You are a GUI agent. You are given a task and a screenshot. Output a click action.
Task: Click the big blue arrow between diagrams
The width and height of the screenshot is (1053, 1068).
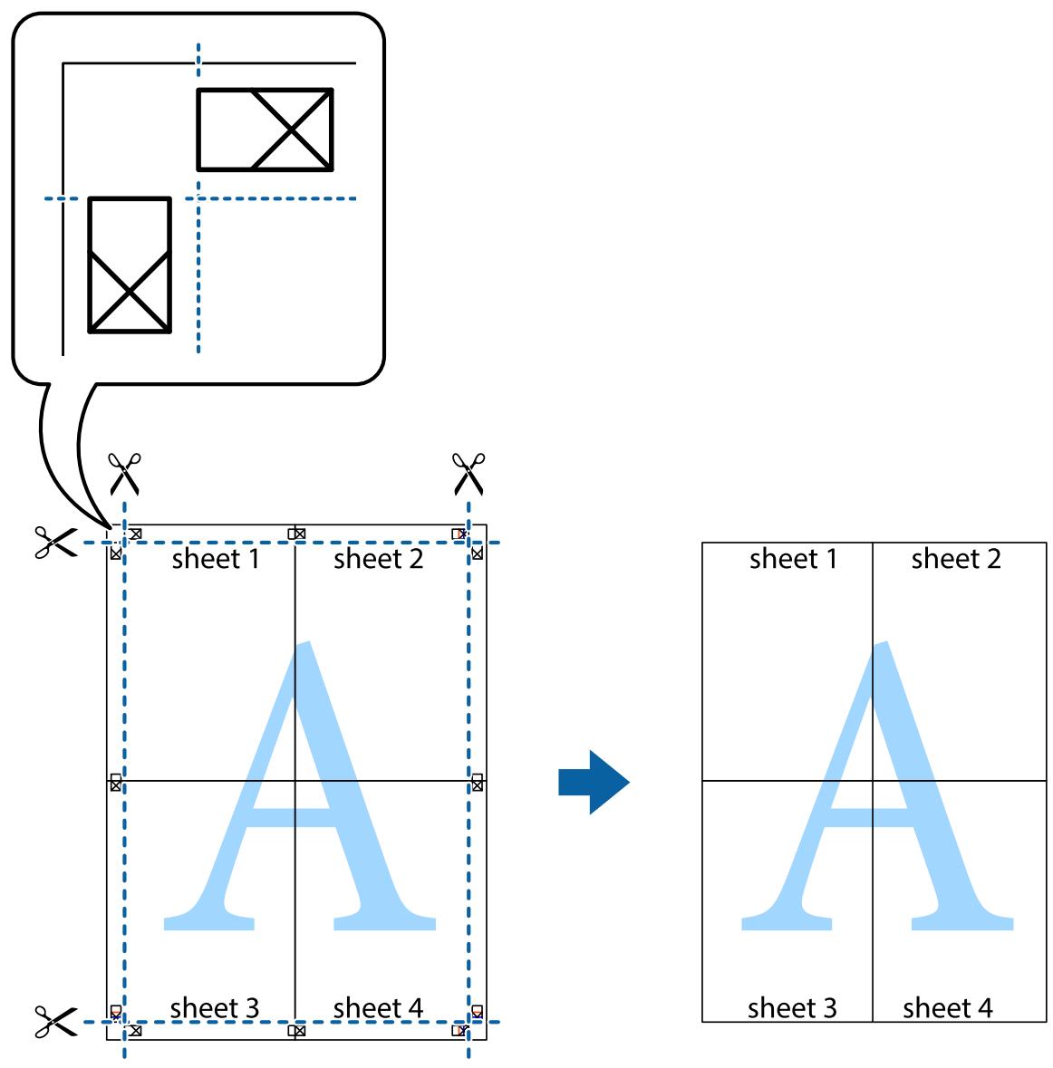pos(593,782)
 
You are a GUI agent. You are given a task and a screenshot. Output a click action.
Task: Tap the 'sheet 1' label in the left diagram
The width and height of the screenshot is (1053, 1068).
pos(216,559)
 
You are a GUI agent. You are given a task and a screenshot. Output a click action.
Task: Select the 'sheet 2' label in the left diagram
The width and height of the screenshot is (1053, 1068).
pos(378,559)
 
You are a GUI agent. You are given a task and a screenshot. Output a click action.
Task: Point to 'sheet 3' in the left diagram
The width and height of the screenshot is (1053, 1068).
pos(215,1008)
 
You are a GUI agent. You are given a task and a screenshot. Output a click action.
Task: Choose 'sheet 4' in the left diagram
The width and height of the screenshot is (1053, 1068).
pos(378,1008)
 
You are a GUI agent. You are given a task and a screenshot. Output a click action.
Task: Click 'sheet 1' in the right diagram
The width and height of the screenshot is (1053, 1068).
pos(793,559)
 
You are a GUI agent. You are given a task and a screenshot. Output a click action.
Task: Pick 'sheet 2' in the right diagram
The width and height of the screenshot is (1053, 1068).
pos(956,559)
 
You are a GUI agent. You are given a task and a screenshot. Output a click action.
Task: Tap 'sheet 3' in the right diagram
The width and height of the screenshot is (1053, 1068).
pos(792,1008)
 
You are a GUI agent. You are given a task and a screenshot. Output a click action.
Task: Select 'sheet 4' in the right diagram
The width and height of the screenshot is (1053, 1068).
pos(947,1008)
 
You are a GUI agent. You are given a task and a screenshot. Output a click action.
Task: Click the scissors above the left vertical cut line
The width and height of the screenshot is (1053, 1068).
pos(124,474)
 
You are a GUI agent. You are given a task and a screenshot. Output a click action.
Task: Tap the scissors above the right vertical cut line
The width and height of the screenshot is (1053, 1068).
pos(469,474)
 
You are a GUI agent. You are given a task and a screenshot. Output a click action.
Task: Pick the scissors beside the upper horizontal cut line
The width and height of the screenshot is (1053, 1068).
pos(56,543)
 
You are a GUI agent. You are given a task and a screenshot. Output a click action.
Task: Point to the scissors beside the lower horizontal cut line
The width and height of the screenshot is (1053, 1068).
pos(56,1022)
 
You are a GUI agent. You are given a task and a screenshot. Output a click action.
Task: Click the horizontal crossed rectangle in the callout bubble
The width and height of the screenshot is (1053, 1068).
pos(266,130)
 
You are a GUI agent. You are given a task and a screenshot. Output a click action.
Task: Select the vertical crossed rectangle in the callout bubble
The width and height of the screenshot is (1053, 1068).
pos(130,265)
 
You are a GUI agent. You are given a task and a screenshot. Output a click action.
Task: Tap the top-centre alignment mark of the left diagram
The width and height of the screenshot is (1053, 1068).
pos(296,534)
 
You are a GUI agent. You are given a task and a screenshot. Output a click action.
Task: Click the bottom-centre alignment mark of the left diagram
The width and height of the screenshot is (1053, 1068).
pos(296,1031)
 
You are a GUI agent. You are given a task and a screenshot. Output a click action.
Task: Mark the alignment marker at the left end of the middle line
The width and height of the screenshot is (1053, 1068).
pos(116,783)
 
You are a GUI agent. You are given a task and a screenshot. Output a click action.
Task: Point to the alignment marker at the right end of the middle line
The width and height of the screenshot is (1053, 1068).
pos(477,783)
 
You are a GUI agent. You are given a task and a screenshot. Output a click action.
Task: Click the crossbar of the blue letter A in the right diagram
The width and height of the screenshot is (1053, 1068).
pos(873,817)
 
